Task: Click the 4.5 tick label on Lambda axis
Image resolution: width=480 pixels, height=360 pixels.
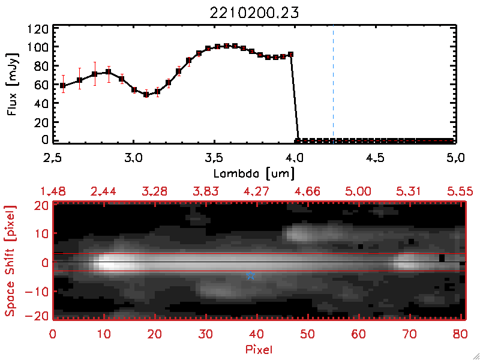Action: click(375, 160)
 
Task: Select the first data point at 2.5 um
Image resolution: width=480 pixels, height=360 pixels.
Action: click(63, 85)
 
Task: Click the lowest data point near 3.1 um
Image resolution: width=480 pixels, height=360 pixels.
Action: click(146, 94)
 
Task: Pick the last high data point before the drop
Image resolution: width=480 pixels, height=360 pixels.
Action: click(290, 55)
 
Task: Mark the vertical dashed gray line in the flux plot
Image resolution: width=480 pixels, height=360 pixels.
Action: click(333, 84)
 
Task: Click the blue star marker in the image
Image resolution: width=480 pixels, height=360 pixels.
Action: click(251, 275)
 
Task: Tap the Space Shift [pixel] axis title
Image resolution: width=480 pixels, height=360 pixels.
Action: click(10, 260)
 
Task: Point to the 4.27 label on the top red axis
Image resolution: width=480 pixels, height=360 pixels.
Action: click(258, 191)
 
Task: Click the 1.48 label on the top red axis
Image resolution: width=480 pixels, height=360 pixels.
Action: click(53, 191)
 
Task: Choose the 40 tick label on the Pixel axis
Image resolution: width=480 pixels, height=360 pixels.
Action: click(258, 334)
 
